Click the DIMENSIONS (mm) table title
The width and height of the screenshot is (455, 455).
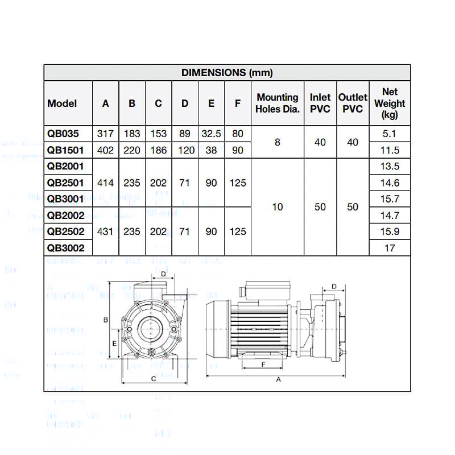[x=227, y=73]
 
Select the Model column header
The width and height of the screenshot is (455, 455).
[x=62, y=104]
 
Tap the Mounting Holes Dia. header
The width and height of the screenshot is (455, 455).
[x=277, y=104]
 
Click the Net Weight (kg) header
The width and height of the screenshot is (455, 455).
[x=390, y=104]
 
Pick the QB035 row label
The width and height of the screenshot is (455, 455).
[x=63, y=134]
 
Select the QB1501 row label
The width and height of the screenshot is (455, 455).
[x=66, y=150]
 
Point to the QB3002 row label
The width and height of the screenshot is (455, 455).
[x=66, y=248]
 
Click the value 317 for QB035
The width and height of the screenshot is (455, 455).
[x=106, y=134]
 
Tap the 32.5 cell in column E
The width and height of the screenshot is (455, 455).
[x=211, y=134]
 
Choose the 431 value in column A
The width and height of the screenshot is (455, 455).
[x=106, y=231]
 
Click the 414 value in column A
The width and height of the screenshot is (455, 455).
[x=106, y=183]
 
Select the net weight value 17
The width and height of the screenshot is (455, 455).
[x=390, y=248]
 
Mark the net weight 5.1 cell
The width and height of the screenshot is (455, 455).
[x=390, y=134]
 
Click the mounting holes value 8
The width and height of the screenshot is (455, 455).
[x=277, y=142]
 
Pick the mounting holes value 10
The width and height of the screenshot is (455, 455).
[x=277, y=207]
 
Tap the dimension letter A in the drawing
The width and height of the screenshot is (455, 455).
[x=279, y=380]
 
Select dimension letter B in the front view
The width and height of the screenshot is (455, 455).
[x=106, y=320]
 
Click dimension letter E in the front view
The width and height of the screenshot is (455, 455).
[x=114, y=344]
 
